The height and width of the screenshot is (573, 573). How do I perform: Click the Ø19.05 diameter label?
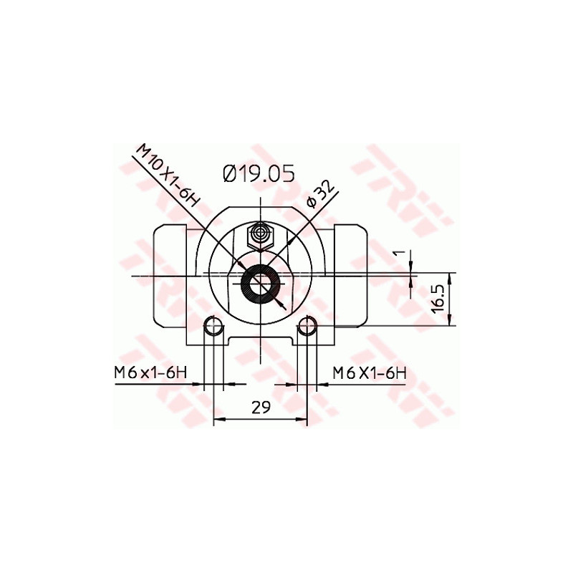click(259, 174)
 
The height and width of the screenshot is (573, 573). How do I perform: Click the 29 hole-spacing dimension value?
click(261, 407)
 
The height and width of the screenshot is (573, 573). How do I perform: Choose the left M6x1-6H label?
click(150, 372)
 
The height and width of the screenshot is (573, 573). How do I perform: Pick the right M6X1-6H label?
click(370, 372)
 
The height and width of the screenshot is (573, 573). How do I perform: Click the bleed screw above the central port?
click(260, 235)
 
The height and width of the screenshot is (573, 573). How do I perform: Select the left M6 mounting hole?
click(213, 327)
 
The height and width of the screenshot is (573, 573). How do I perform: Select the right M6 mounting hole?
click(308, 327)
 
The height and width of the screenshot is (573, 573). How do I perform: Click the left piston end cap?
click(170, 276)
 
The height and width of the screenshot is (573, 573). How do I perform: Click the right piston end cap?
click(352, 276)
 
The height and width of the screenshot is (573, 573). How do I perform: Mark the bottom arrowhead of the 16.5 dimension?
click(450, 323)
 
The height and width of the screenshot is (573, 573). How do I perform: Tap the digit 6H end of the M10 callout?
click(188, 196)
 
